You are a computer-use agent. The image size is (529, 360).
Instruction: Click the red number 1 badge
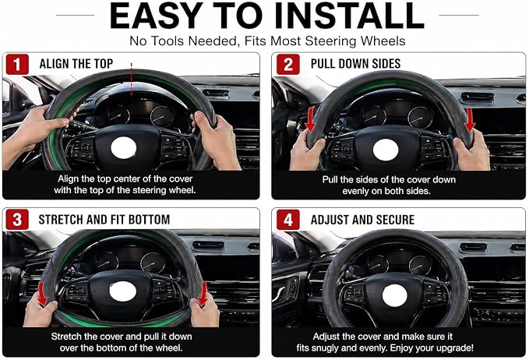[x=17, y=64]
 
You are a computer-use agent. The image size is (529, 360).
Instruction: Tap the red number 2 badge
[x=288, y=64]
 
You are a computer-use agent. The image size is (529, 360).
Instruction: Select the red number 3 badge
[x=17, y=220]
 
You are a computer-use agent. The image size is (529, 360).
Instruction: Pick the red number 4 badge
[x=288, y=220]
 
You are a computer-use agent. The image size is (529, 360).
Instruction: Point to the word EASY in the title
[x=156, y=16]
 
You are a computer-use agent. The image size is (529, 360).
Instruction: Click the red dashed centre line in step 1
[x=131, y=79]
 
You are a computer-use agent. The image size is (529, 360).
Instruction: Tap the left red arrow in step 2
[x=310, y=119]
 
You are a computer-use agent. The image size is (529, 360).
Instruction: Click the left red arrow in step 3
[x=42, y=294]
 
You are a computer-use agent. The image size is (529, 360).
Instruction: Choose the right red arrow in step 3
[x=203, y=295]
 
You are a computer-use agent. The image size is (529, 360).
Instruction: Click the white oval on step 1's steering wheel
[x=123, y=148]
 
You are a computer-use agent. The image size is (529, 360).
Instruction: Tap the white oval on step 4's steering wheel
[x=395, y=295]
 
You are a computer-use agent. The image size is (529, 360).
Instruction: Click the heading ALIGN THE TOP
[x=76, y=64]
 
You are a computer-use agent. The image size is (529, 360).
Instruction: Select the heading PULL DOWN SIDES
[x=355, y=63]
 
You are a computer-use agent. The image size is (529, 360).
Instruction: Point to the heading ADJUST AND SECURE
[x=363, y=220]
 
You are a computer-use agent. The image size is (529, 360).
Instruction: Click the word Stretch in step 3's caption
[x=66, y=337]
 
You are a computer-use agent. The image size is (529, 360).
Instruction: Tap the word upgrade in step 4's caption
[x=455, y=348]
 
